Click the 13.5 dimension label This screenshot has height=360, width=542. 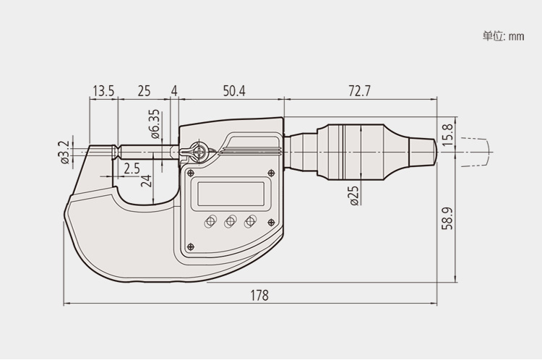pos(103,91)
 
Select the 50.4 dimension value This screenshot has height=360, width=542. pos(234,91)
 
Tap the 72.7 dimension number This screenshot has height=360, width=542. pos(359,91)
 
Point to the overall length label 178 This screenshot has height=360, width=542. pos(259,295)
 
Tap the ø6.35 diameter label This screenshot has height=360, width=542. pos(155,124)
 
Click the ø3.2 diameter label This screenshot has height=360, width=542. pos(64,153)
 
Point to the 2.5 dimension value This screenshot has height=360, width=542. pos(132,169)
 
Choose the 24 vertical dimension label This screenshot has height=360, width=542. pos(147,181)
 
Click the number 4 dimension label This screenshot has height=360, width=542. pos(174,91)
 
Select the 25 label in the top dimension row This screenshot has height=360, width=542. pos(144,91)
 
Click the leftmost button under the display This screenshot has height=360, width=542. pos(211,222)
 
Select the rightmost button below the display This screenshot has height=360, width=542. pos(250,222)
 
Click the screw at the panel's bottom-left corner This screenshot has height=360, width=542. pos(190,247)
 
